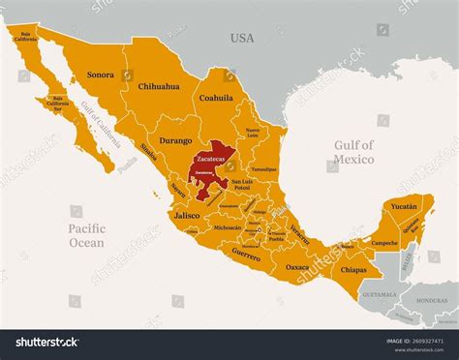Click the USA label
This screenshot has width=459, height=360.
coord(241,39)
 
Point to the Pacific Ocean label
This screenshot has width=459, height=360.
coord(86,236)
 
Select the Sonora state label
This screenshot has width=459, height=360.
coord(100,74)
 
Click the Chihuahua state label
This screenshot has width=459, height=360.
coord(159,86)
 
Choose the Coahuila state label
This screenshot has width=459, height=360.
coord(216,98)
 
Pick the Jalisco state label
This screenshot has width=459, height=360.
coord(187,216)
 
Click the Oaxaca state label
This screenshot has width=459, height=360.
coord(297,266)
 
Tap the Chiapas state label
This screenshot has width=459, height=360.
coord(354,270)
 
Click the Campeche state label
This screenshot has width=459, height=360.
coord(384,241)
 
